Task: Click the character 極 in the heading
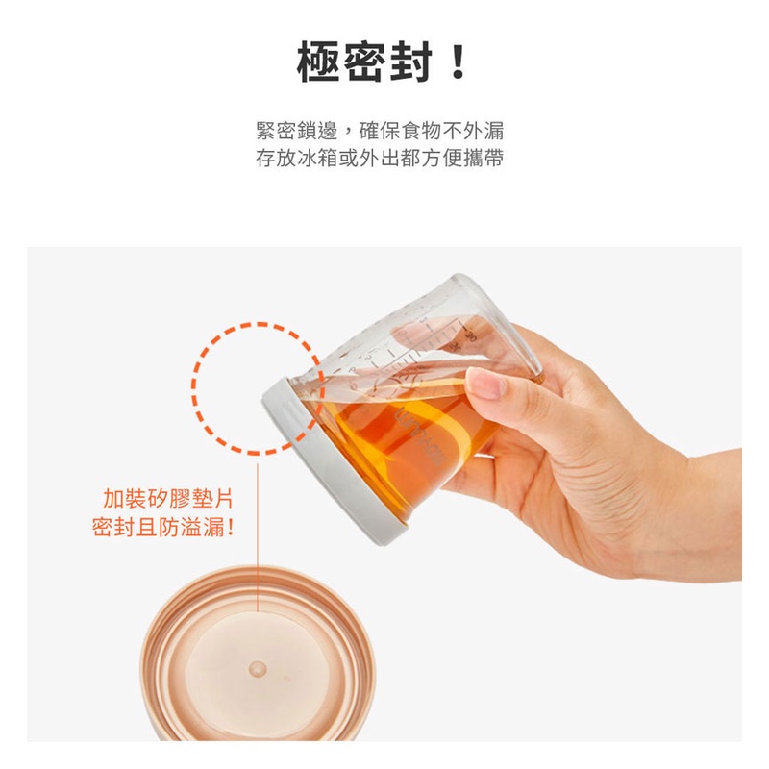[319, 62]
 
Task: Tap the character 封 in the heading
[411, 62]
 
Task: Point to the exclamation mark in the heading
[459, 62]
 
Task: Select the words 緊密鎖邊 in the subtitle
[297, 131]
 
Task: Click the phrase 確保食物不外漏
[432, 131]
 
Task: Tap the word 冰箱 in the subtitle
[318, 158]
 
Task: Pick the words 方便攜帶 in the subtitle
[462, 158]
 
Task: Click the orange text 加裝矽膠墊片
[168, 499]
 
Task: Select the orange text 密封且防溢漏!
[162, 528]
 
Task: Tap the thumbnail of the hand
[485, 383]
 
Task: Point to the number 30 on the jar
[470, 335]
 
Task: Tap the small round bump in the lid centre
[257, 667]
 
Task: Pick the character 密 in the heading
[365, 62]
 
